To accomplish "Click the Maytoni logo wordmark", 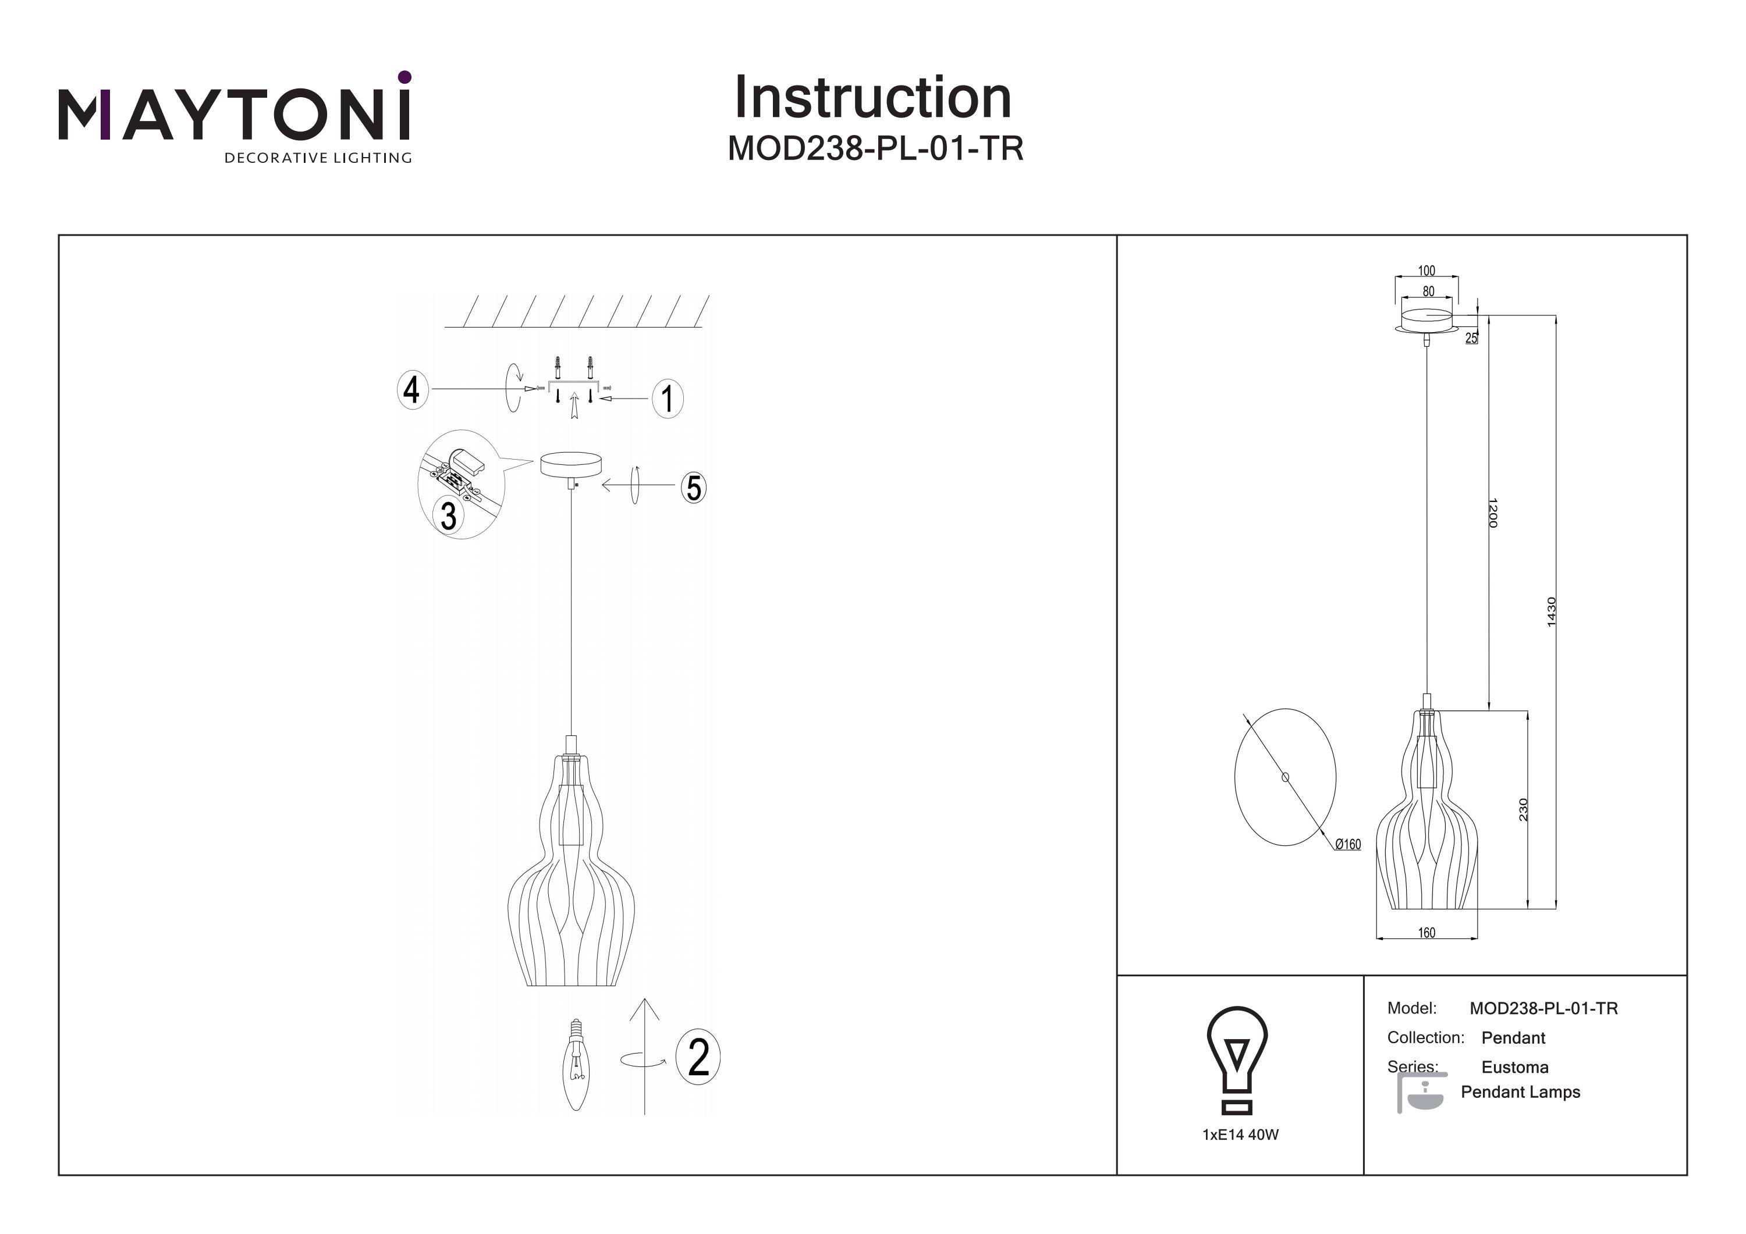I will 234,116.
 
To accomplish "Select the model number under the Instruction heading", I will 875,149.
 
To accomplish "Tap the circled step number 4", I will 411,391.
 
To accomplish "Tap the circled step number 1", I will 668,399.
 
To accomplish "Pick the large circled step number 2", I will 698,1057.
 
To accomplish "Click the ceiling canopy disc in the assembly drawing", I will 570,464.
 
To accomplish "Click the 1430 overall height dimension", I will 1552,612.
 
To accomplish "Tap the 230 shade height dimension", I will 1523,810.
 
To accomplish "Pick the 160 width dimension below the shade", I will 1426,933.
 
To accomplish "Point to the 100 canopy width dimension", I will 1426,271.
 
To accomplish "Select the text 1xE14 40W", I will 1240,1135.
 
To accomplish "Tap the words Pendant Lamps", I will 1520,1093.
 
